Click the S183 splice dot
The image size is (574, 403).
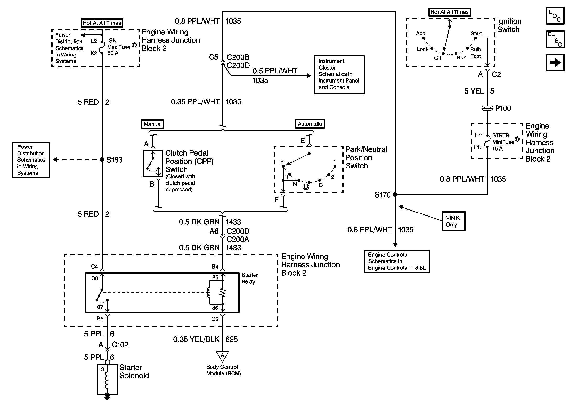click(x=102, y=159)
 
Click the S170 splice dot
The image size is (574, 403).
click(x=395, y=195)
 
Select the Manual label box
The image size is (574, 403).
click(x=152, y=124)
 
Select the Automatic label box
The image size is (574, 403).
click(x=309, y=124)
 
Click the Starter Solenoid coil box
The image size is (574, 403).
click(x=107, y=380)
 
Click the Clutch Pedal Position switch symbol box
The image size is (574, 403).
click(x=153, y=163)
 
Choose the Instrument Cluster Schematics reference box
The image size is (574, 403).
click(x=339, y=75)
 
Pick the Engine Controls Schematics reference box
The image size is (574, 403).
click(x=397, y=261)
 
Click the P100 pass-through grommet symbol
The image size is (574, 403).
click(x=487, y=108)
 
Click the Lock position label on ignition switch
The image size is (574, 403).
click(x=422, y=49)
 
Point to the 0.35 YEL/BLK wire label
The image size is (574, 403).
click(x=196, y=339)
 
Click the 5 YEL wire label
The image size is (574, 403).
click(x=474, y=91)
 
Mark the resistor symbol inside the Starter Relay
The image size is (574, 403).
click(x=222, y=292)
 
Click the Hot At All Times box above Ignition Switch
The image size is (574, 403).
click(x=449, y=12)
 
